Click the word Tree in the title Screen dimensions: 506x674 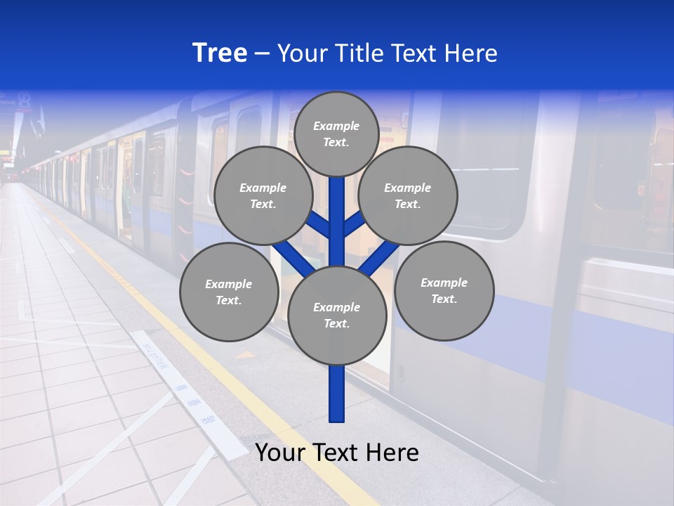point(220,53)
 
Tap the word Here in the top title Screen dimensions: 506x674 point(471,53)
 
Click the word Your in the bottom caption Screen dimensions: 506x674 point(280,453)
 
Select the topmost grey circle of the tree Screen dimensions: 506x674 point(336,134)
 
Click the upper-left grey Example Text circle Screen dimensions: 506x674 point(263,195)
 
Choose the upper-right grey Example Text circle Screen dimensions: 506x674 point(408,195)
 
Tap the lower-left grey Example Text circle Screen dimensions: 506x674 point(228,292)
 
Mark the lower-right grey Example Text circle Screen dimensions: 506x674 point(444,291)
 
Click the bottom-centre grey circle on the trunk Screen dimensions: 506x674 point(337,315)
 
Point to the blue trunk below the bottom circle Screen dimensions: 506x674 point(337,394)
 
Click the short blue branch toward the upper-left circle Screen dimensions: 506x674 point(318,224)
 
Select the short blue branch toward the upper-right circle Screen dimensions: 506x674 point(355,224)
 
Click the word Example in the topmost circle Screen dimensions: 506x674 point(336,126)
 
